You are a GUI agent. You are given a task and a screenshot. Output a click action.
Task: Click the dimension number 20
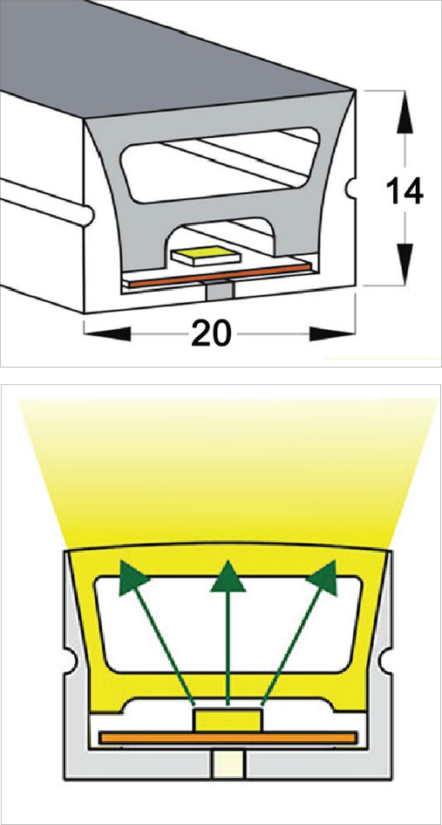(x=211, y=333)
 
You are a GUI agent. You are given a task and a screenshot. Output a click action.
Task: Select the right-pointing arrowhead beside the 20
(x=331, y=333)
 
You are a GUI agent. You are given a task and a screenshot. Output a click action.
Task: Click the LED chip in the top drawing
(x=206, y=255)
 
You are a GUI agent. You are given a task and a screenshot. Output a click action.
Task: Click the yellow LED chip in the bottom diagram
(x=228, y=719)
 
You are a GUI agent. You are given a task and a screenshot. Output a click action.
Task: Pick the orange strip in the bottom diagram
(x=228, y=739)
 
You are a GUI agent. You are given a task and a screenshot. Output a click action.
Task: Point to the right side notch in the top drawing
(x=353, y=186)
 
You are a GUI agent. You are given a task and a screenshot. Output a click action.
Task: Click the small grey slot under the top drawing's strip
(x=219, y=290)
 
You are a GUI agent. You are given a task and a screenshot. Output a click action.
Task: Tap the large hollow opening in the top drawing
(x=221, y=164)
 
